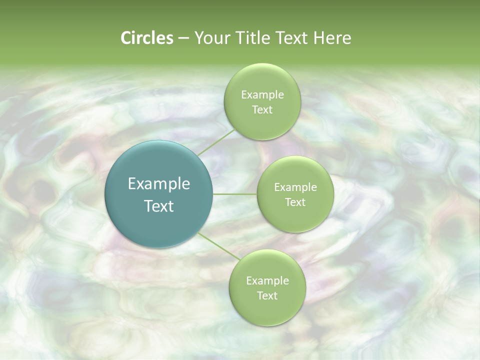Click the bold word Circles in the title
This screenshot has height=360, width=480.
coord(146,38)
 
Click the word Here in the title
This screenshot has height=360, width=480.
coord(332,38)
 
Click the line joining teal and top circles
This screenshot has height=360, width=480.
coord(215,142)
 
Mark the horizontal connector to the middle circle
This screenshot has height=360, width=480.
coord(235,194)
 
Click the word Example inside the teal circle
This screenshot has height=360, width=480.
coord(159,184)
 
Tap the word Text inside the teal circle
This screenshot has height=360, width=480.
coord(159,206)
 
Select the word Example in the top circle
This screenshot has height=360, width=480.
coord(262,94)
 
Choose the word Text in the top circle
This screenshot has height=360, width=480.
coord(262,109)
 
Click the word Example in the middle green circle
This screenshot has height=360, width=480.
coord(295,187)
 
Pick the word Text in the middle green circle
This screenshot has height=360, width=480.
coord(295,202)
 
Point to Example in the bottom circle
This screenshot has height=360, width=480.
coord(267,280)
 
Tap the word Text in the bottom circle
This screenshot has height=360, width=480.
coord(267,295)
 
